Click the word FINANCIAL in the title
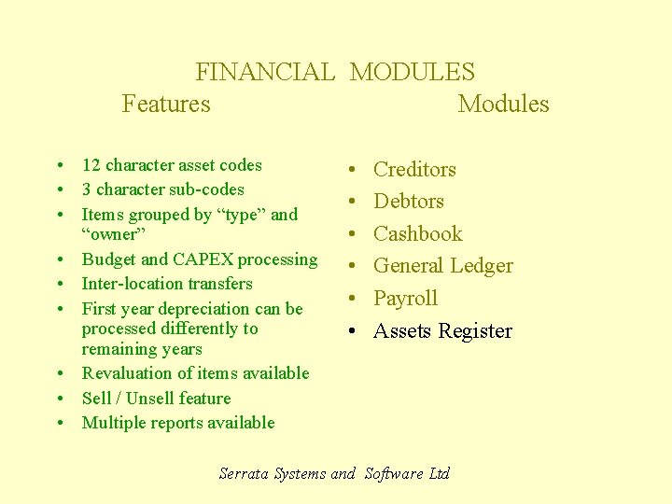click(264, 72)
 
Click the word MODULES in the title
click(412, 72)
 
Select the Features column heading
click(166, 104)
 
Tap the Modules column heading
click(503, 104)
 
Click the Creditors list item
click(414, 169)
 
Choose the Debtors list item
click(409, 202)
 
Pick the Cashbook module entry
click(418, 233)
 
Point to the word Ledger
click(482, 266)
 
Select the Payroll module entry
click(405, 299)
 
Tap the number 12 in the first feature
click(91, 165)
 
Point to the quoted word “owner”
click(110, 234)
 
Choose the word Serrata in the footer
click(245, 473)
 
